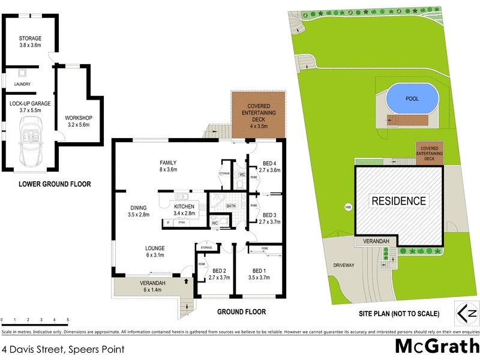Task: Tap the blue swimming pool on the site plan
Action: point(411,97)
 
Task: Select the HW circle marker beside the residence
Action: point(347,208)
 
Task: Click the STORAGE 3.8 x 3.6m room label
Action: point(29,41)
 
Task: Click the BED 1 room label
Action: point(260,274)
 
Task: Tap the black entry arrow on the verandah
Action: point(186,280)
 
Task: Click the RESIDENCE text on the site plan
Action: point(398,201)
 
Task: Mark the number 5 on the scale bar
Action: point(67,320)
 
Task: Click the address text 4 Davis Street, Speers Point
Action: point(63,347)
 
